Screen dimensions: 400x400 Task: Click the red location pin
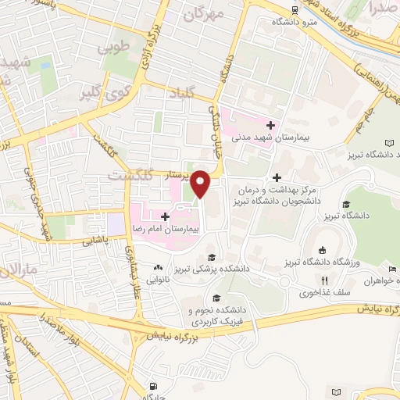(201, 183)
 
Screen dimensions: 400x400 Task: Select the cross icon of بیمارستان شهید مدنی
(271, 125)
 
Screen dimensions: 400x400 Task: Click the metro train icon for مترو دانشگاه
(294, 10)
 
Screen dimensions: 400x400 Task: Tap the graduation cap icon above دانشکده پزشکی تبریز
(209, 257)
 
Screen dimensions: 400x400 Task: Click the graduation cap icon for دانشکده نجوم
(216, 298)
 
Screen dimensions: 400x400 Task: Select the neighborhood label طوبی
(111, 48)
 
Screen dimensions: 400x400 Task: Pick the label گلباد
(180, 95)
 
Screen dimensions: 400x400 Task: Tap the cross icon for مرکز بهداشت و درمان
(277, 177)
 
